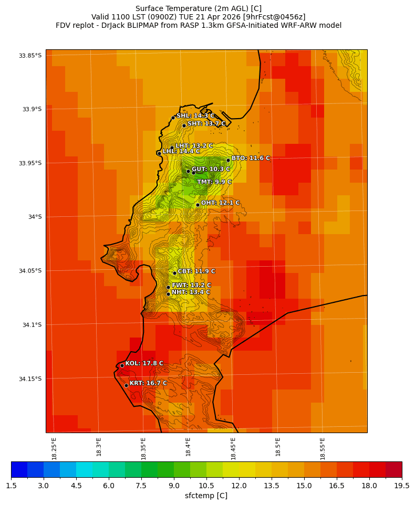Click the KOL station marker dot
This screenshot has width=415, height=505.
pyautogui.click(x=122, y=365)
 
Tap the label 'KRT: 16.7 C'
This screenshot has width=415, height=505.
pyautogui.click(x=148, y=383)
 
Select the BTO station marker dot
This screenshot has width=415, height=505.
pyautogui.click(x=228, y=160)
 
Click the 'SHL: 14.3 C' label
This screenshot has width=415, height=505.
pyautogui.click(x=195, y=115)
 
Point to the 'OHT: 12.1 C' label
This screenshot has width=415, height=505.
pyautogui.click(x=220, y=203)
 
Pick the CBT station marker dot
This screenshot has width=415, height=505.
pyautogui.click(x=174, y=273)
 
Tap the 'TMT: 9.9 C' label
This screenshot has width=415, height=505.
pyautogui.click(x=214, y=182)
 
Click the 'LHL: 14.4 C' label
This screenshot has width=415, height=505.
pyautogui.click(x=181, y=151)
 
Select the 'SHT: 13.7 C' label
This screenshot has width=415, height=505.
pyautogui.click(x=206, y=123)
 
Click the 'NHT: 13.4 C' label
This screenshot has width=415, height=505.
pyautogui.click(x=191, y=292)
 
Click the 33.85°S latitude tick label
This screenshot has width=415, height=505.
pyautogui.click(x=30, y=55)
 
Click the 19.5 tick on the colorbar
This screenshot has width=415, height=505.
pyautogui.click(x=402, y=486)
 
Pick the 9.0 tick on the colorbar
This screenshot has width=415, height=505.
pyautogui.click(x=174, y=486)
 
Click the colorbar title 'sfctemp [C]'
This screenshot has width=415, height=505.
pyautogui.click(x=206, y=496)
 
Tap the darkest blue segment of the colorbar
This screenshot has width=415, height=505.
pyautogui.click(x=19, y=469)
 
